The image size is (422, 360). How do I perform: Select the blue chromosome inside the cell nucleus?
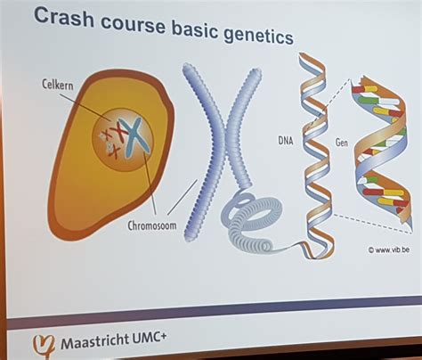(134, 137)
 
